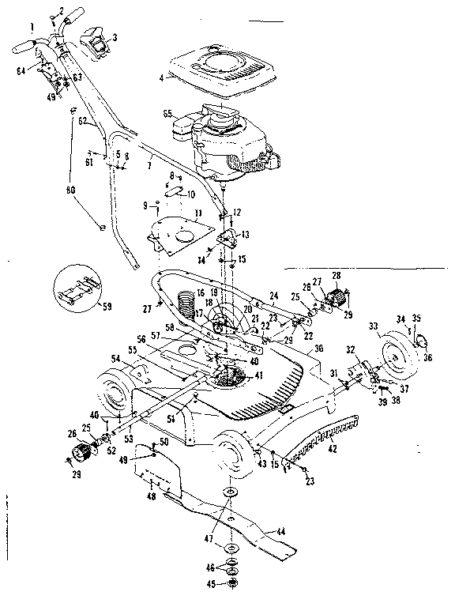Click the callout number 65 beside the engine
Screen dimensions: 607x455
pos(167,115)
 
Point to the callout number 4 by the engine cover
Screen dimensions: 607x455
pos(160,77)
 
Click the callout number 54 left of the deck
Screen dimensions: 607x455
pos(116,359)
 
